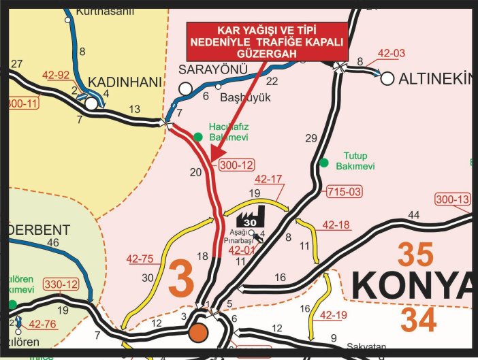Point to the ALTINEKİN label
pyautogui.click(x=436, y=78)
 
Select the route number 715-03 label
pyautogui.click(x=344, y=191)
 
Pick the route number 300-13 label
pyautogui.click(x=453, y=199)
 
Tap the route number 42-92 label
pyautogui.click(x=56, y=76)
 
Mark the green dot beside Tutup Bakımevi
pyautogui.click(x=324, y=163)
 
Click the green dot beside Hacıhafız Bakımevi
pyautogui.click(x=198, y=137)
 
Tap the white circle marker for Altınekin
pyautogui.click(x=387, y=78)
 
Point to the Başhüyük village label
pyautogui.click(x=245, y=98)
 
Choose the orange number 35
pyautogui.click(x=415, y=255)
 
